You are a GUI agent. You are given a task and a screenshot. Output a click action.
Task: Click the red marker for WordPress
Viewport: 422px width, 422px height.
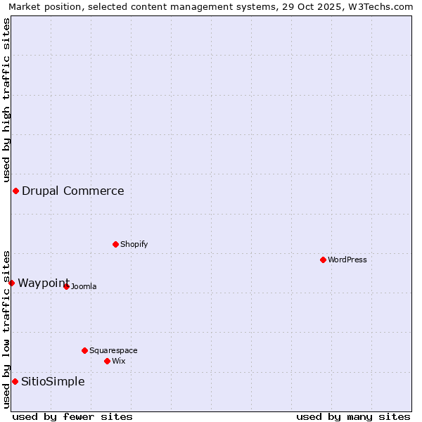tap(323, 260)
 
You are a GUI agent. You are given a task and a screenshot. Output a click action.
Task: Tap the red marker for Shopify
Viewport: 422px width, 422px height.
tap(115, 244)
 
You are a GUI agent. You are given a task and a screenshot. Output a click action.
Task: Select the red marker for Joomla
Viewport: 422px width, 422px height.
tap(66, 286)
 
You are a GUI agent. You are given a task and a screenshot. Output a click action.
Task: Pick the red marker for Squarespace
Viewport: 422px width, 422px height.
tap(84, 350)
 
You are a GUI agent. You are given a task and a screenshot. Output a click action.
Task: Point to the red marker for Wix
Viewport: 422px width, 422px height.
tap(107, 361)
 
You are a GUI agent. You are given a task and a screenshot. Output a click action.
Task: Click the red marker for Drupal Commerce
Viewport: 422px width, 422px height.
tap(15, 191)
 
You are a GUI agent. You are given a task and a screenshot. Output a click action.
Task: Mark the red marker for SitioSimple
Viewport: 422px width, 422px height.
tap(15, 381)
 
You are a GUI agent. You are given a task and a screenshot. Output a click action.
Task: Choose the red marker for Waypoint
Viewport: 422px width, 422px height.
tap(11, 283)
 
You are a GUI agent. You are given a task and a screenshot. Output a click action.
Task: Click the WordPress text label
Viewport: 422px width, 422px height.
tap(347, 260)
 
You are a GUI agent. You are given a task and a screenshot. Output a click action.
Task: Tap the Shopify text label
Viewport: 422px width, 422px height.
tap(134, 244)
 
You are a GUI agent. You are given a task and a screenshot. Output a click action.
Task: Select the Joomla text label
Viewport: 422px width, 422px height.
tap(84, 286)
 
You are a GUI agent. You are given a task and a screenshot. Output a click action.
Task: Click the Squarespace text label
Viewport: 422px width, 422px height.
tap(113, 350)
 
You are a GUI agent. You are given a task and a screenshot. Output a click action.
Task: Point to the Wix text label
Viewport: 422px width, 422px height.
tap(118, 361)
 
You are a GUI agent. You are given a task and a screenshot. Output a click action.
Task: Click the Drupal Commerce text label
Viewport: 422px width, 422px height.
tap(73, 191)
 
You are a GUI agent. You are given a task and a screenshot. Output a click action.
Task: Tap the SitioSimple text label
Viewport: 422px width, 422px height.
tap(53, 381)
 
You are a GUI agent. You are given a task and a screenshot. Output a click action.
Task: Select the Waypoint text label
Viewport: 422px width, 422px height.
tap(44, 283)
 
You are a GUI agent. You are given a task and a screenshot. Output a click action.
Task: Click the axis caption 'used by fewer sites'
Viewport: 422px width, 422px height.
tap(72, 416)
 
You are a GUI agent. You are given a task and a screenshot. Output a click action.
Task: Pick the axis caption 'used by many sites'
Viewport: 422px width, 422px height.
tap(353, 416)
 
